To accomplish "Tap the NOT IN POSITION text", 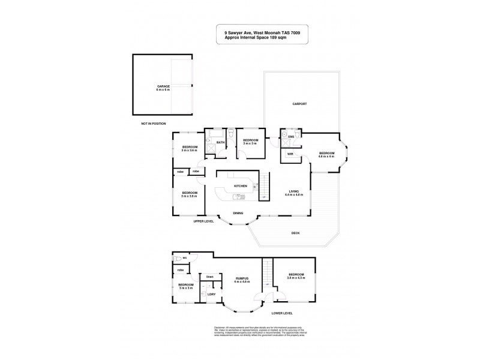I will pyautogui.click(x=152, y=124).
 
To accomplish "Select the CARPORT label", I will pyautogui.click(x=300, y=104).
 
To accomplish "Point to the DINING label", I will pyautogui.click(x=239, y=213).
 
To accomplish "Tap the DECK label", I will pyautogui.click(x=295, y=233).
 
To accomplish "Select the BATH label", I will pyautogui.click(x=220, y=142).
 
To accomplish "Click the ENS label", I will pyautogui.click(x=291, y=137).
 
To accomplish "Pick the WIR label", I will pyautogui.click(x=290, y=154).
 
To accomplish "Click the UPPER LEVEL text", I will pyautogui.click(x=203, y=221).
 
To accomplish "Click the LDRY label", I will pyautogui.click(x=211, y=294).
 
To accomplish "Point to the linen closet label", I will pyautogui.click(x=209, y=277).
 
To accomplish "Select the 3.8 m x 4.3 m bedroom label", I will pyautogui.click(x=296, y=276).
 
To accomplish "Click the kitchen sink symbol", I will pyautogui.click(x=241, y=196).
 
